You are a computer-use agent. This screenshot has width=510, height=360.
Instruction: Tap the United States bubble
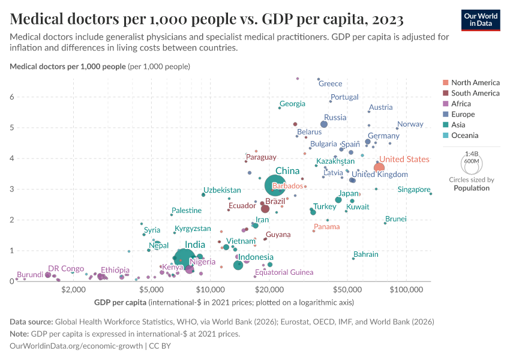click(x=379, y=167)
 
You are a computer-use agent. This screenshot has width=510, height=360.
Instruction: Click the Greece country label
click(x=330, y=83)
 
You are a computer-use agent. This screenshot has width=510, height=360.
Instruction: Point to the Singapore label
click(x=414, y=190)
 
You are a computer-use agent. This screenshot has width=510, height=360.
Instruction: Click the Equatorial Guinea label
click(x=284, y=272)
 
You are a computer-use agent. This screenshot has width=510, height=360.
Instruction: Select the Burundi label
click(x=29, y=274)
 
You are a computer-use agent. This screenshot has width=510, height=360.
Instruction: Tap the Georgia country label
click(x=292, y=104)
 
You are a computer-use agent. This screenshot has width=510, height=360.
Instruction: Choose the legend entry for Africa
click(x=461, y=104)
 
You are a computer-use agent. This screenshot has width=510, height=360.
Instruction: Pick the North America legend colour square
click(x=445, y=83)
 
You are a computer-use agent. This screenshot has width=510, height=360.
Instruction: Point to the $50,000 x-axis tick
click(x=347, y=290)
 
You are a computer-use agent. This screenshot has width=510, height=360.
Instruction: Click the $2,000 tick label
click(x=74, y=290)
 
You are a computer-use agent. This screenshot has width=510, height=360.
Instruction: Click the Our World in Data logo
click(x=481, y=20)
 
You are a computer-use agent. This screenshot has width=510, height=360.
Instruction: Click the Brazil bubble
click(x=265, y=209)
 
